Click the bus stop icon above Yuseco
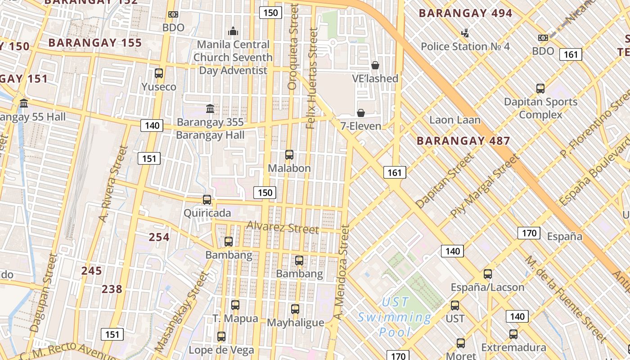click(x=159, y=73)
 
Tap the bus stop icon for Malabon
click(x=289, y=155)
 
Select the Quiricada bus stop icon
click(x=207, y=200)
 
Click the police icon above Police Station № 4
click(x=465, y=33)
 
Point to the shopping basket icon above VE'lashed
click(x=375, y=65)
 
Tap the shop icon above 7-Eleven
click(x=361, y=113)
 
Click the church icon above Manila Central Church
click(x=233, y=31)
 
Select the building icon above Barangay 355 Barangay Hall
click(x=210, y=108)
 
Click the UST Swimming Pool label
click(x=394, y=317)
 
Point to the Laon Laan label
click(x=455, y=120)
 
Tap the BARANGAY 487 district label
click(x=463, y=141)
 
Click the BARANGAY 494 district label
click(x=465, y=13)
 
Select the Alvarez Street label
click(x=283, y=227)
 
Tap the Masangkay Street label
click(x=181, y=311)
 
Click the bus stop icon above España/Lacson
click(x=488, y=274)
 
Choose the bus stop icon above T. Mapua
click(x=235, y=305)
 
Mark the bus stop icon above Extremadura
click(x=513, y=334)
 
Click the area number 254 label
click(x=159, y=237)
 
